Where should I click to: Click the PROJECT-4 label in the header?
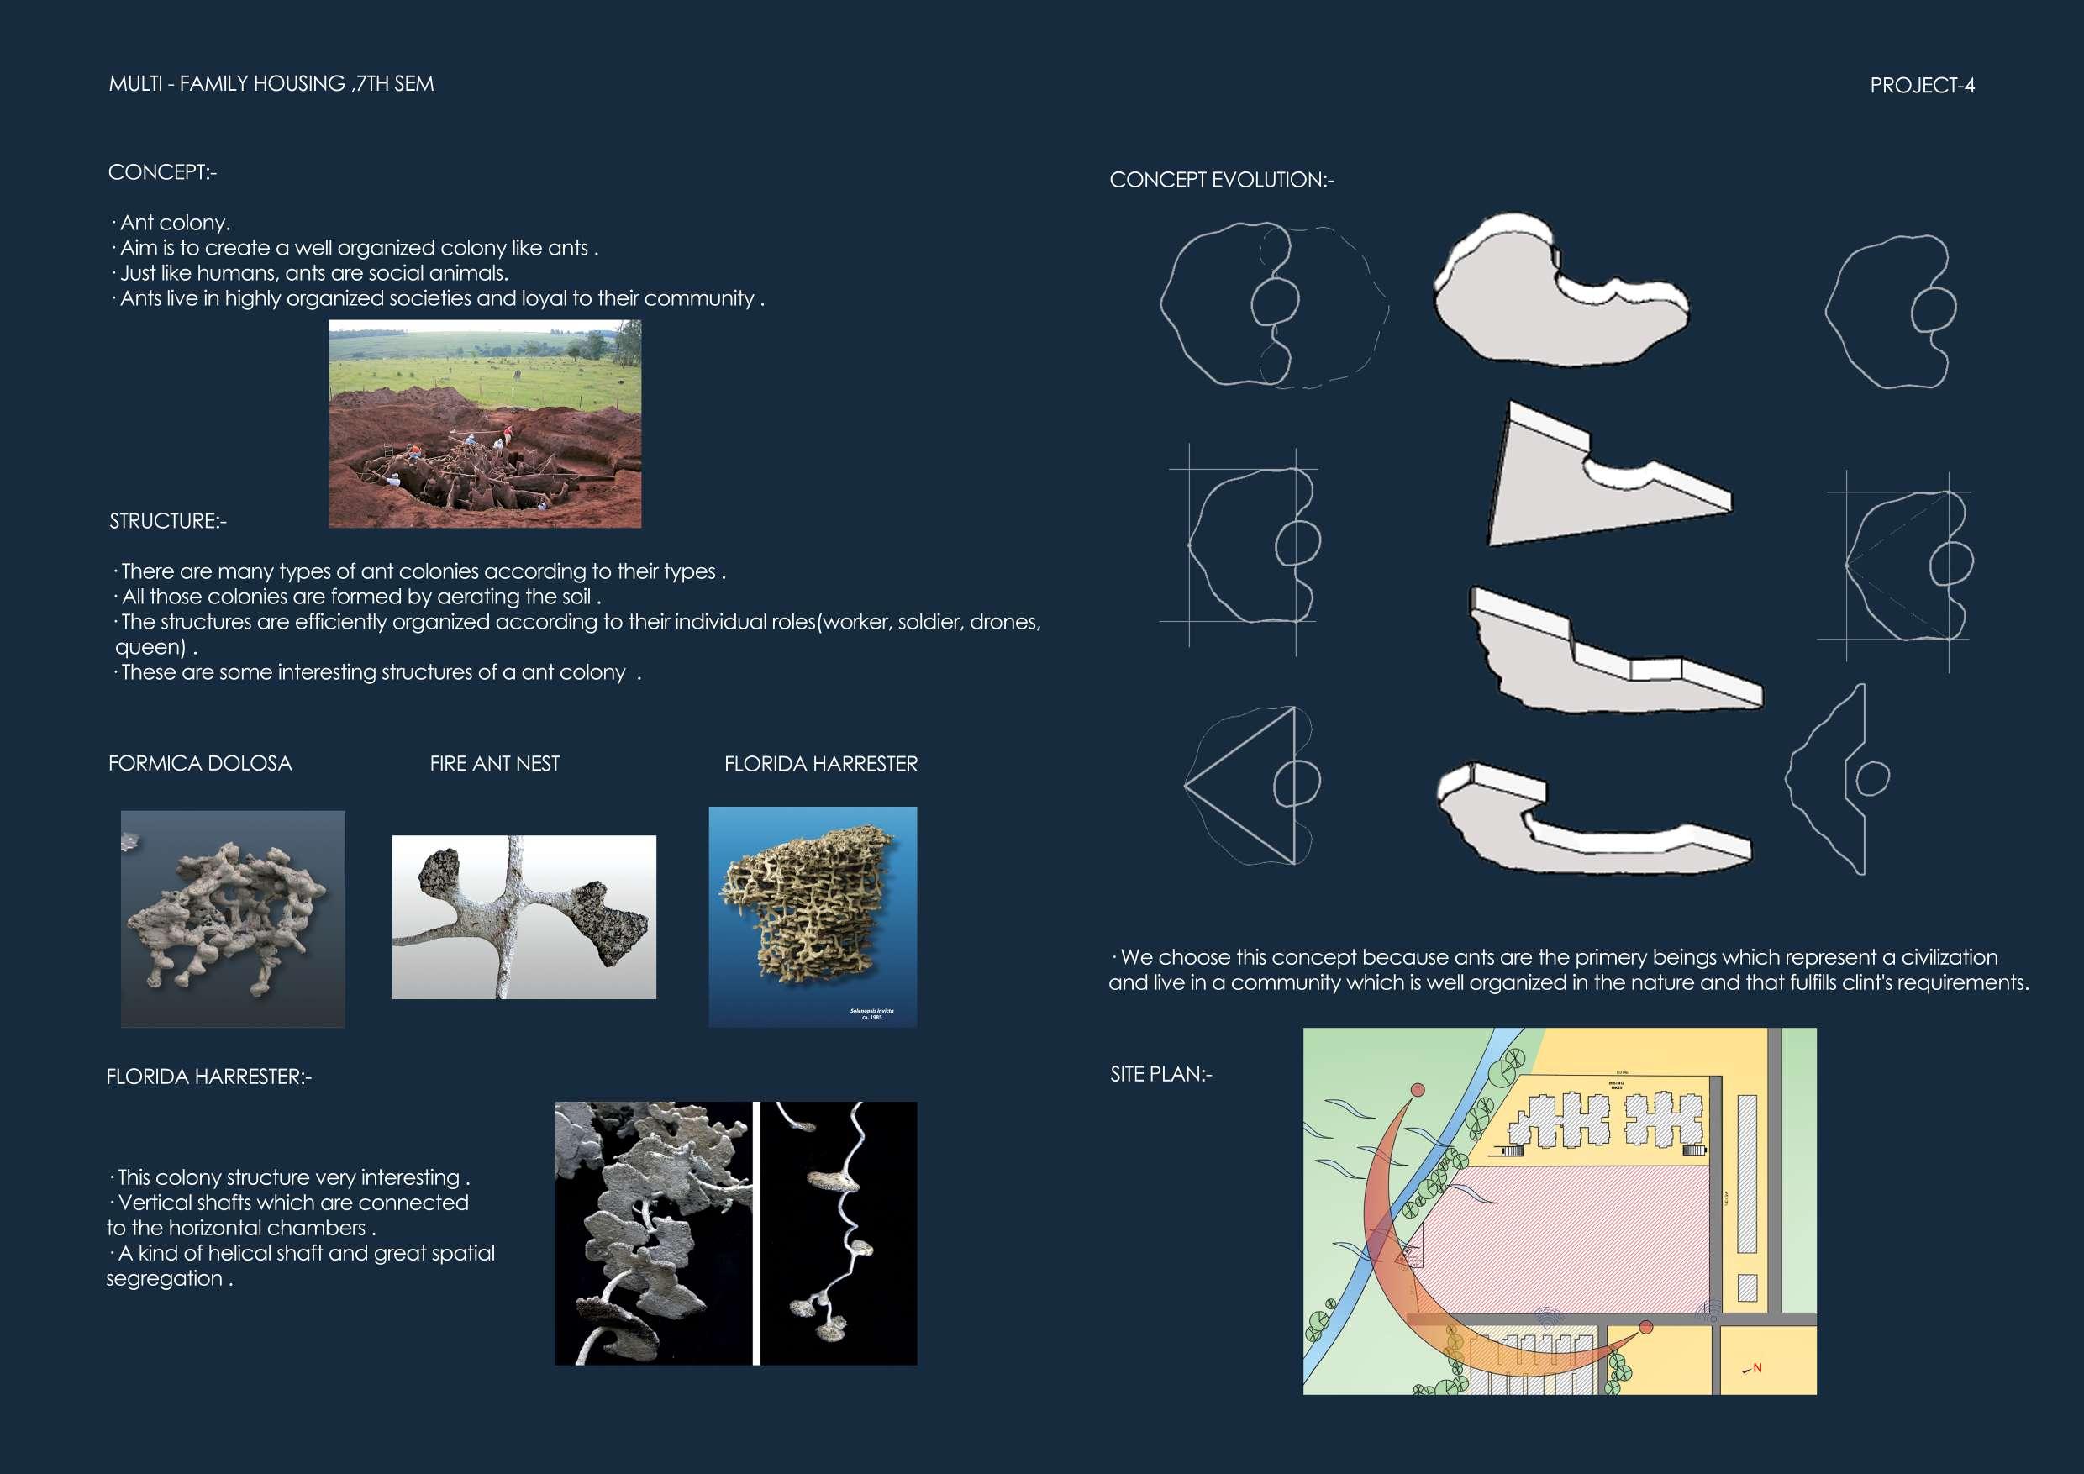pyautogui.click(x=1922, y=86)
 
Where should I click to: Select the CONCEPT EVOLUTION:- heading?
pyautogui.click(x=1221, y=180)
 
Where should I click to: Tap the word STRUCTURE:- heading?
pyautogui.click(x=168, y=521)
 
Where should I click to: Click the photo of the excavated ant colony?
pyautogui.click(x=485, y=424)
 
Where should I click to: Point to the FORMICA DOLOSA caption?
pyautogui.click(x=200, y=763)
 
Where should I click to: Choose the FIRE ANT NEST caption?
pyautogui.click(x=495, y=764)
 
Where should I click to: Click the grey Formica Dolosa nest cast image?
pyautogui.click(x=233, y=919)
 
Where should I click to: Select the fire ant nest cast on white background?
pyautogui.click(x=524, y=917)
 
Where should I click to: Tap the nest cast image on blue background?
pyautogui.click(x=813, y=917)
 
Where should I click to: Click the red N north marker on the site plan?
pyautogui.click(x=1757, y=1368)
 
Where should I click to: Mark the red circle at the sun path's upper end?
pyautogui.click(x=1418, y=1090)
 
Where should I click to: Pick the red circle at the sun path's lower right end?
pyautogui.click(x=1645, y=1328)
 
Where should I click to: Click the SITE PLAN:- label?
pyautogui.click(x=1160, y=1075)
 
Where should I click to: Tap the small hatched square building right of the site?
pyautogui.click(x=1746, y=1288)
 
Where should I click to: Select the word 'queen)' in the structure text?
pyautogui.click(x=150, y=648)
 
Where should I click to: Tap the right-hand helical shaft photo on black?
pyautogui.click(x=838, y=1234)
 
